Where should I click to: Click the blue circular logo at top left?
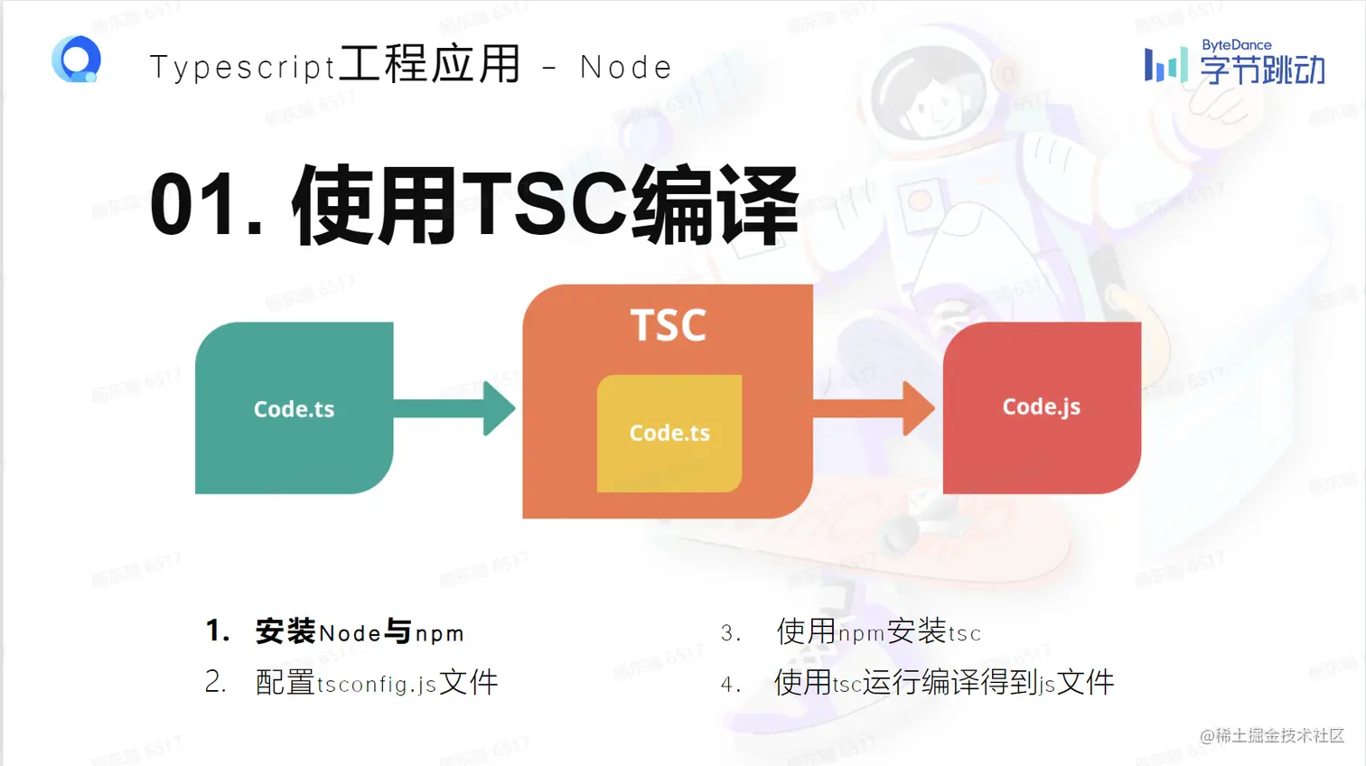click(x=76, y=60)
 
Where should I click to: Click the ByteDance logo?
click(x=1234, y=62)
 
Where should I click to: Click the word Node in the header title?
click(x=625, y=67)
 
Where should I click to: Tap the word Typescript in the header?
click(x=242, y=68)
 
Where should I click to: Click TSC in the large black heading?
click(x=545, y=205)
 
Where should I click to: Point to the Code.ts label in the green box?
click(x=294, y=409)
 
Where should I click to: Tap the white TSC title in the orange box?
click(x=668, y=325)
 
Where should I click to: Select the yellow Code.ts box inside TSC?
click(x=669, y=434)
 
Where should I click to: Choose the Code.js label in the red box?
click(x=1041, y=407)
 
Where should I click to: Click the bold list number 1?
click(x=217, y=631)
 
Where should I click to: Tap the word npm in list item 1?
click(x=439, y=634)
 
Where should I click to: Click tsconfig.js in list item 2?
click(x=377, y=685)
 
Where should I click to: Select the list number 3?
click(x=730, y=633)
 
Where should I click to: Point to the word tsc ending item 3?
click(x=964, y=634)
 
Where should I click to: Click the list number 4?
click(x=730, y=685)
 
